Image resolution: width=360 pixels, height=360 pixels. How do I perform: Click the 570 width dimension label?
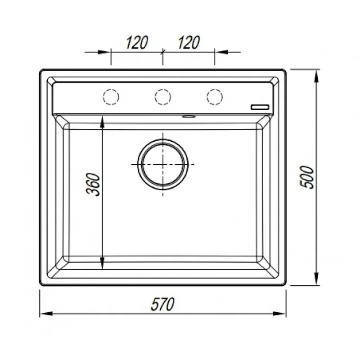pyautogui.click(x=162, y=304)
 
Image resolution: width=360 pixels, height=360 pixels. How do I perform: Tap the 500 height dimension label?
pyautogui.click(x=307, y=177)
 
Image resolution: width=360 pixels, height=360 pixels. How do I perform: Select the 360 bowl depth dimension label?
pyautogui.click(x=93, y=184)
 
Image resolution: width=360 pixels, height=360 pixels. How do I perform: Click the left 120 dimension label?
pyautogui.click(x=137, y=42)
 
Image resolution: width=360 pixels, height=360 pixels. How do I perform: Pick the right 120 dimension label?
pyautogui.click(x=189, y=42)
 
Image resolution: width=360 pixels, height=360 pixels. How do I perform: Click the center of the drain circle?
pyautogui.click(x=163, y=164)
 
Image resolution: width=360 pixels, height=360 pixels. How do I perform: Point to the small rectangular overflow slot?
pyautogui.click(x=260, y=107)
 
